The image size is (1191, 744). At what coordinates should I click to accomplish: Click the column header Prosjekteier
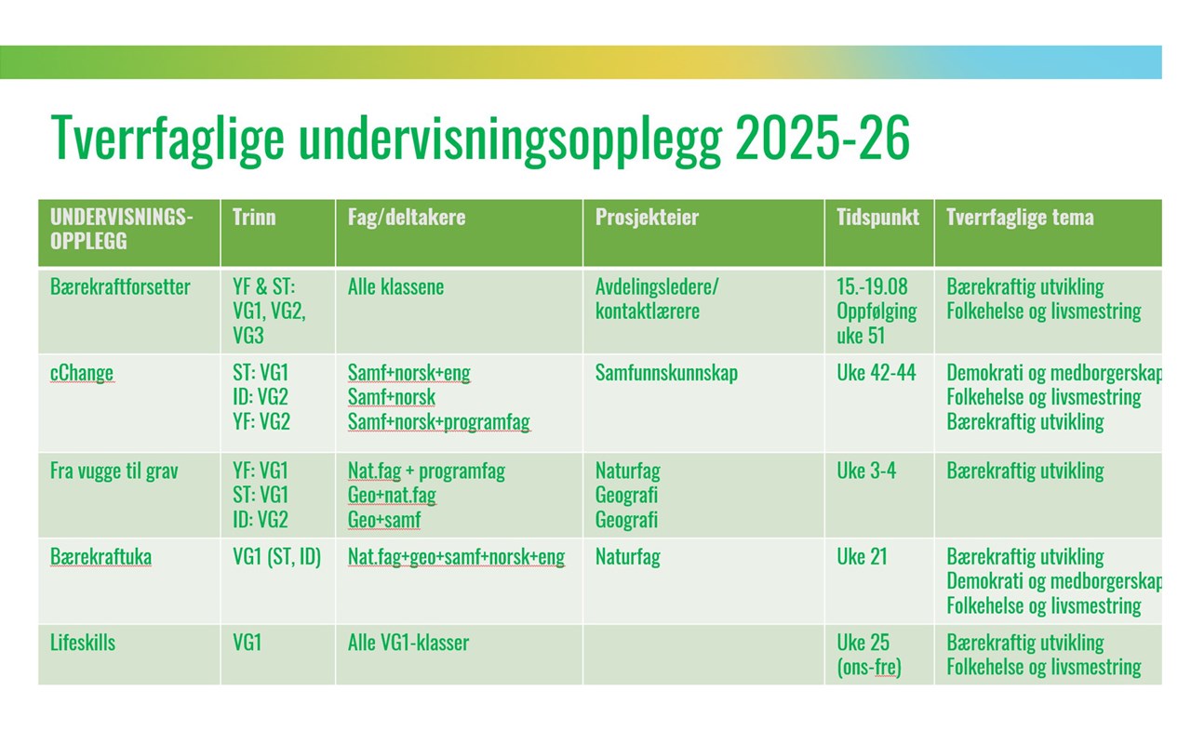pyautogui.click(x=647, y=217)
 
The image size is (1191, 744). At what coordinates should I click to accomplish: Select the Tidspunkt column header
pyautogui.click(x=877, y=217)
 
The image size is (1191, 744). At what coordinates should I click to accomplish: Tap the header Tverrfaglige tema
pyautogui.click(x=1020, y=217)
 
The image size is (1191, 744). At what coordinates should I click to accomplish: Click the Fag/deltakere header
pyautogui.click(x=407, y=217)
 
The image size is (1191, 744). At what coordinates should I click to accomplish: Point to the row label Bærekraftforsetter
pyautogui.click(x=120, y=287)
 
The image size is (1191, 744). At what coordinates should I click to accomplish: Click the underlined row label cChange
pyautogui.click(x=81, y=373)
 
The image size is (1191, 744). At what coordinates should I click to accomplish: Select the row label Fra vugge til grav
pyautogui.click(x=114, y=471)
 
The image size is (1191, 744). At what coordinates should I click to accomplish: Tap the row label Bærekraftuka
pyautogui.click(x=100, y=557)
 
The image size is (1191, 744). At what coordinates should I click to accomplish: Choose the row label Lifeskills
pyautogui.click(x=83, y=643)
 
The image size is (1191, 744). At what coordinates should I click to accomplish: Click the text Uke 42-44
pyautogui.click(x=876, y=373)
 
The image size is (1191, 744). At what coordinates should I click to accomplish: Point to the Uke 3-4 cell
pyautogui.click(x=865, y=471)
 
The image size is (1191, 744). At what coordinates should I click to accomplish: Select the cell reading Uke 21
pyautogui.click(x=862, y=557)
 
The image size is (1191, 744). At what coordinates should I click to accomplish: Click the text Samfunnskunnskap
pyautogui.click(x=666, y=373)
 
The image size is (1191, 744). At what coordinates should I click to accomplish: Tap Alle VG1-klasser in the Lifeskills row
pyautogui.click(x=408, y=643)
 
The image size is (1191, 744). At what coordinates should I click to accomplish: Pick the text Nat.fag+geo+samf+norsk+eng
pyautogui.click(x=456, y=557)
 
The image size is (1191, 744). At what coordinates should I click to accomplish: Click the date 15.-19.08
pyautogui.click(x=872, y=287)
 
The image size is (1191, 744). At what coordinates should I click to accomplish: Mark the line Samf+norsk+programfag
pyautogui.click(x=438, y=422)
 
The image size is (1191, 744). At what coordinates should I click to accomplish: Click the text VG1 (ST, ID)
pyautogui.click(x=276, y=557)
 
